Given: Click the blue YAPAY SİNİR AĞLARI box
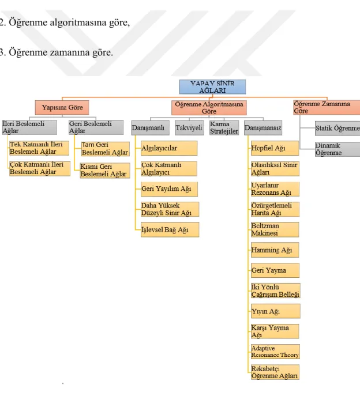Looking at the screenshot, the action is [212, 87].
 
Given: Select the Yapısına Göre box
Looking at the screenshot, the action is [62, 107].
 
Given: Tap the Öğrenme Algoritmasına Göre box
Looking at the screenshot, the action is [209, 108].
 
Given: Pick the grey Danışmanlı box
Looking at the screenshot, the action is [151, 128].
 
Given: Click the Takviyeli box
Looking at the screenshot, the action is [189, 128].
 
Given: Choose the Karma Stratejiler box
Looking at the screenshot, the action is [224, 128].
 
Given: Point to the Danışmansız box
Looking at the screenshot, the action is [263, 128].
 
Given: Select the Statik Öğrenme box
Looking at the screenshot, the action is [337, 129].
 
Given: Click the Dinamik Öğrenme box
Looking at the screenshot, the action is [337, 149].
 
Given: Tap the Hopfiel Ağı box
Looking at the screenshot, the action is [275, 148].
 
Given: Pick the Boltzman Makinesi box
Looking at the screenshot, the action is [275, 229].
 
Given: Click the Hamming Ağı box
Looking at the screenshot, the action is [275, 250].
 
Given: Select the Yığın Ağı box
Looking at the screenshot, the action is [276, 311].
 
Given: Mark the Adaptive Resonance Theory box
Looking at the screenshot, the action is [275, 352].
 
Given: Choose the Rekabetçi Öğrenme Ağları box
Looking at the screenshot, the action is [275, 372].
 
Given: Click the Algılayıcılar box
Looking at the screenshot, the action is [169, 148].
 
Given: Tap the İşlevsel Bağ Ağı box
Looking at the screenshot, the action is [170, 229].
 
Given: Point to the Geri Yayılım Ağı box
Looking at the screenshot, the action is [169, 189].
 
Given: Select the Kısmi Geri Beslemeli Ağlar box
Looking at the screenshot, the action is [105, 171].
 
